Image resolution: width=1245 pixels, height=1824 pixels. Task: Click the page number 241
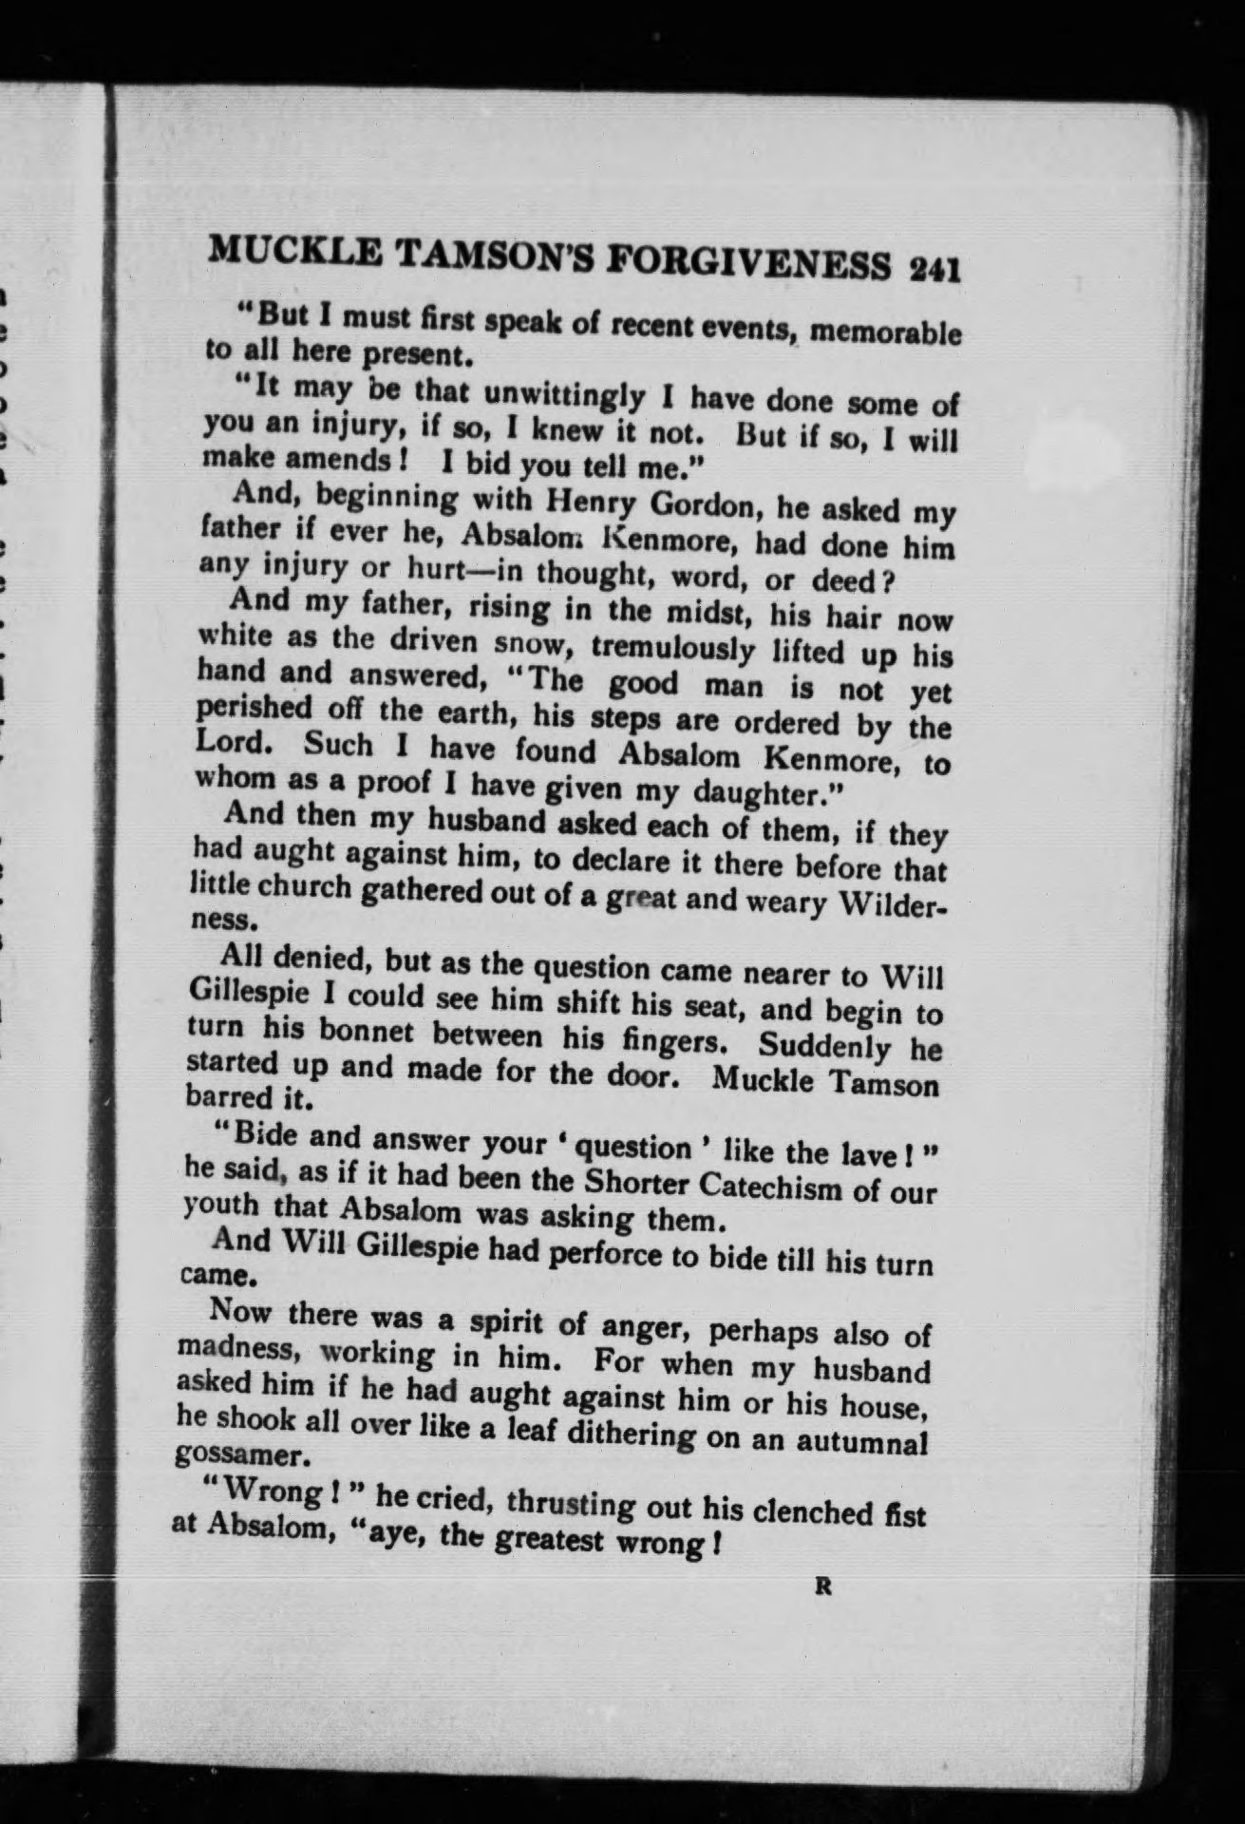pyautogui.click(x=935, y=270)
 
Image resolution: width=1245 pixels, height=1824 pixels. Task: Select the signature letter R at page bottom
pyautogui.click(x=823, y=1586)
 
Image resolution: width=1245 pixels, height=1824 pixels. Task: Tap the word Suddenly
pyautogui.click(x=825, y=1046)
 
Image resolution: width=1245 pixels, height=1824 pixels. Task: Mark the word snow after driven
pyautogui.click(x=531, y=644)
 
